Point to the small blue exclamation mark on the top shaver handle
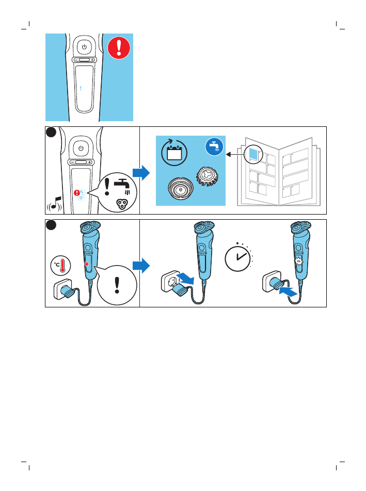pos(81,88)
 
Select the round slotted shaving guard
pos(180,189)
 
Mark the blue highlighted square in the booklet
pos(252,153)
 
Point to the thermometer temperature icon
pos(61,266)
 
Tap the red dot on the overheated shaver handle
pos(87,264)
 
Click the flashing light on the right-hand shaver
pos(298,261)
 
